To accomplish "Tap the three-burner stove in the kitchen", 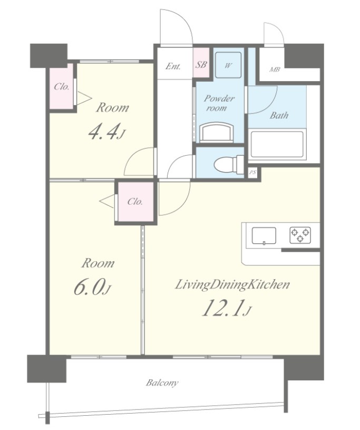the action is point(300,235).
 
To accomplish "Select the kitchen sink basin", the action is point(264,235).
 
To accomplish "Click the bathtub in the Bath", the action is point(277,145).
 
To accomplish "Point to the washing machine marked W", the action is point(228,65).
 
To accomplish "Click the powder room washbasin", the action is point(217,133).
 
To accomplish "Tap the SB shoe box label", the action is point(201,65).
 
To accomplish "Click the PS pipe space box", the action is point(252,172).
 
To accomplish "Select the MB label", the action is point(275,70).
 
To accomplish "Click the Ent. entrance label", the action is point(173,66).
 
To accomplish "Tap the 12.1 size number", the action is point(222,308).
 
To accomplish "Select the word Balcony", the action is point(162,383).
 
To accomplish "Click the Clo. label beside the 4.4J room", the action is point(61,87).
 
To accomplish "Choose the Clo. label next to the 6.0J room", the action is point(135,202).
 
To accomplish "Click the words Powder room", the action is point(219,102).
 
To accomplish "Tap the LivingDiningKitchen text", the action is point(232,285).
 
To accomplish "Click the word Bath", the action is point(279,115).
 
